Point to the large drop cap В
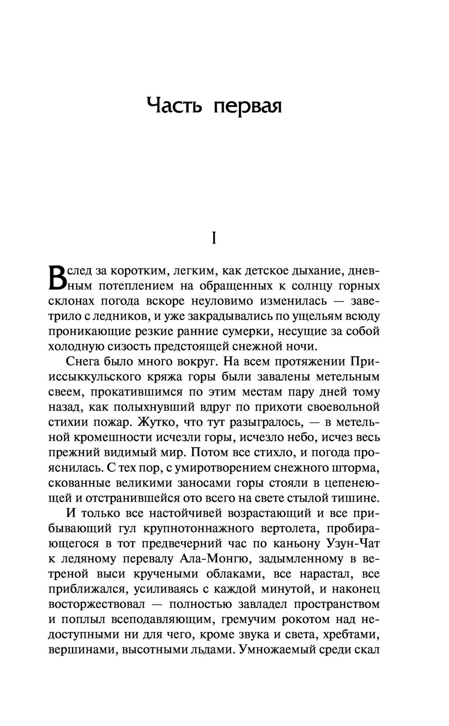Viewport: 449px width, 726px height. coord(56,277)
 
